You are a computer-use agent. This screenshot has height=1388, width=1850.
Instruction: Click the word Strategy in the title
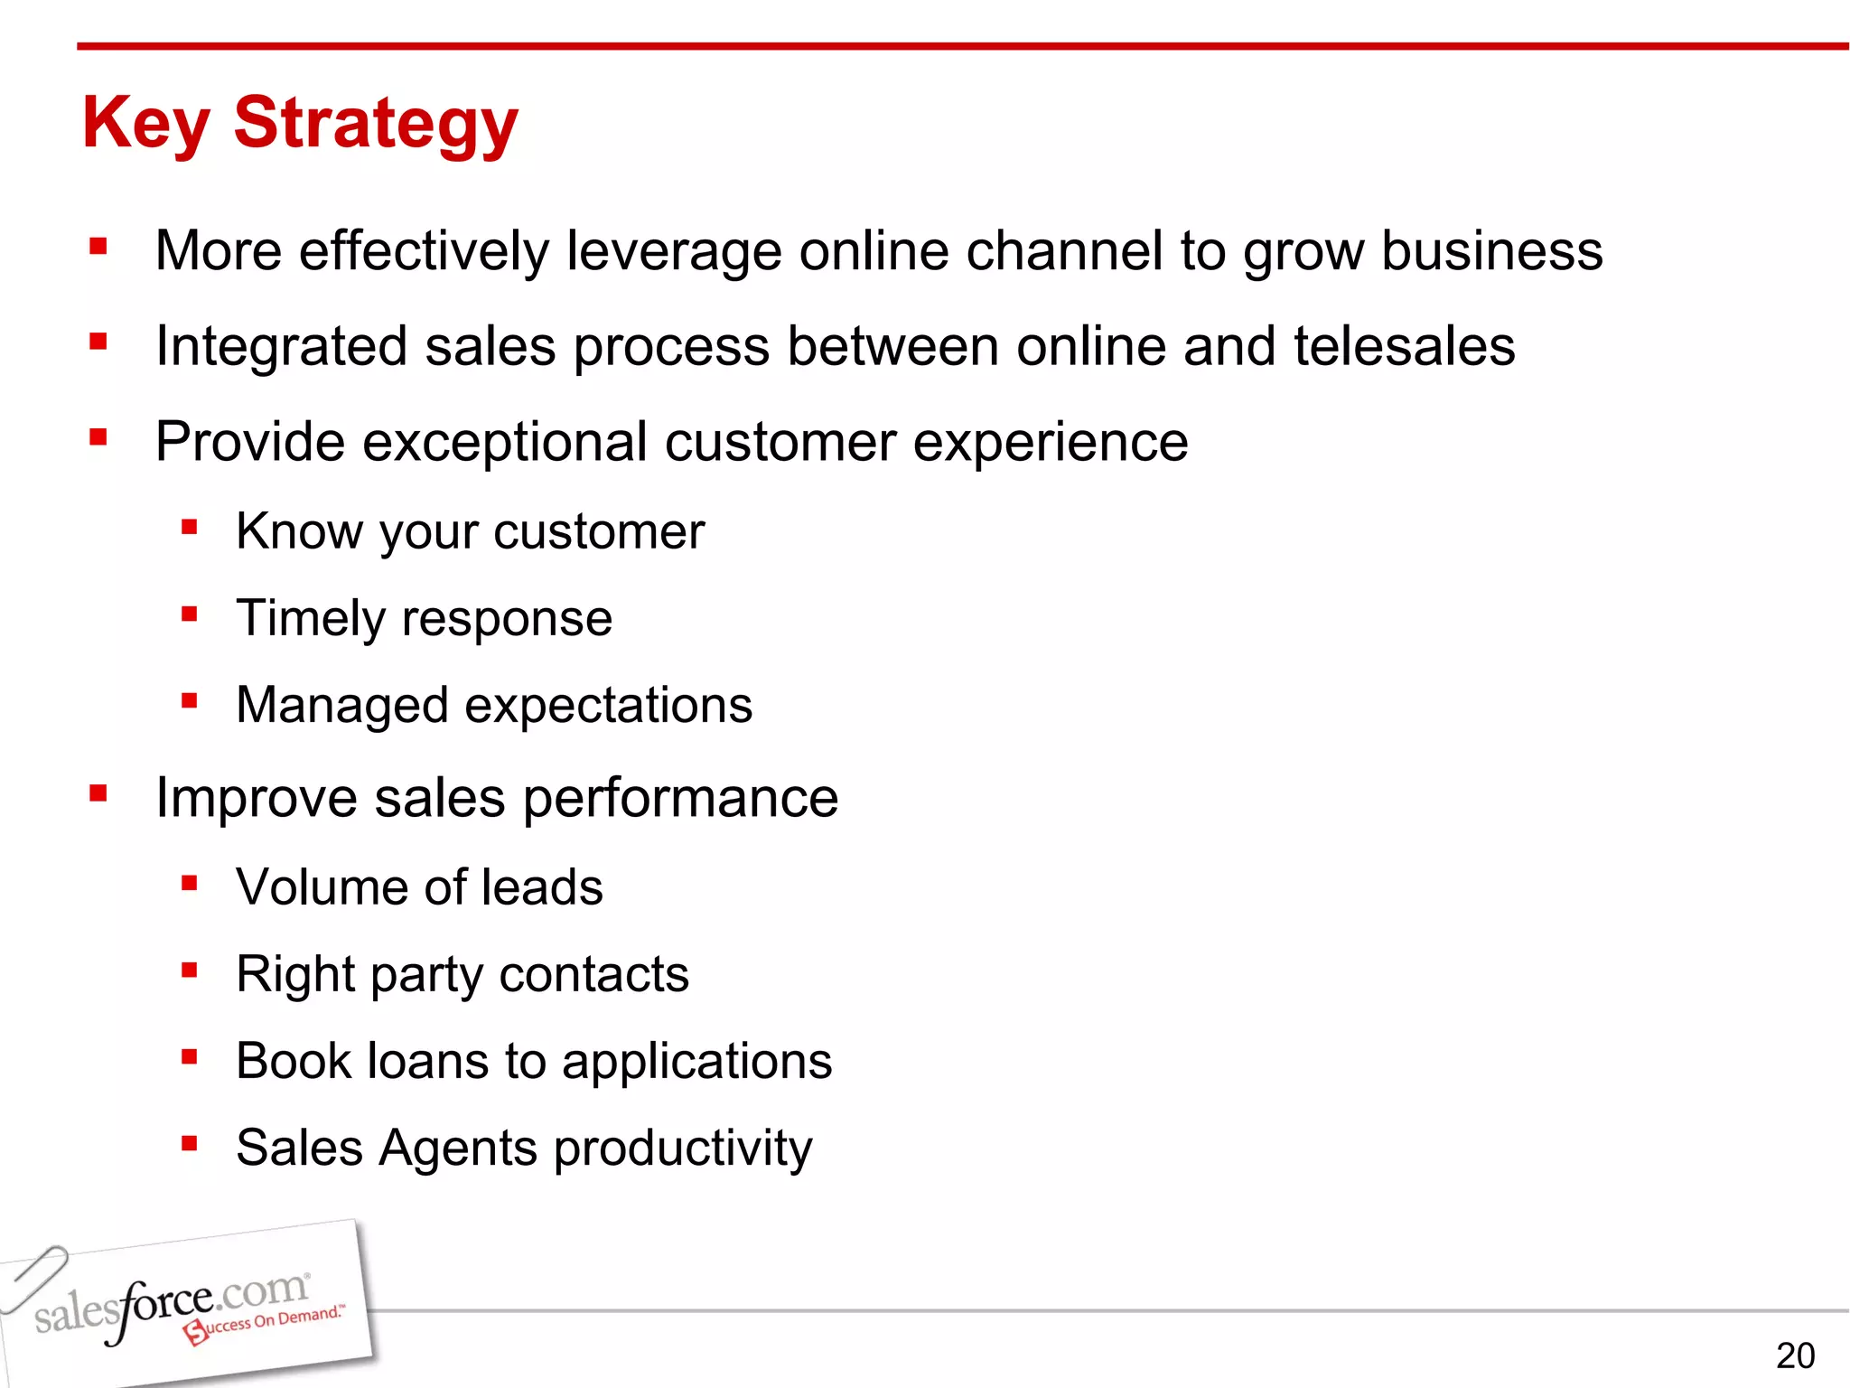[376, 124]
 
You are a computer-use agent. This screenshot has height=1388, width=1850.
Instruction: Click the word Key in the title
[146, 124]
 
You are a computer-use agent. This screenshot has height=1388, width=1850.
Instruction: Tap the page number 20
[1795, 1355]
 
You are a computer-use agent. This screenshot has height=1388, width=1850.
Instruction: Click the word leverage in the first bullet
[674, 251]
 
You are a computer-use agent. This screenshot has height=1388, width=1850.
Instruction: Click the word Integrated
[281, 348]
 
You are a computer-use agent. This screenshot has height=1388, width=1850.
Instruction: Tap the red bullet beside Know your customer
[189, 527]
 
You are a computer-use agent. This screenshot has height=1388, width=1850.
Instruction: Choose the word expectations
[608, 706]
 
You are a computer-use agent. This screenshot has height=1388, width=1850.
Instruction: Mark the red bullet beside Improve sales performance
[98, 794]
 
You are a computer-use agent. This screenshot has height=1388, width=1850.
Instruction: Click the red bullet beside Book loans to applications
[189, 1057]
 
